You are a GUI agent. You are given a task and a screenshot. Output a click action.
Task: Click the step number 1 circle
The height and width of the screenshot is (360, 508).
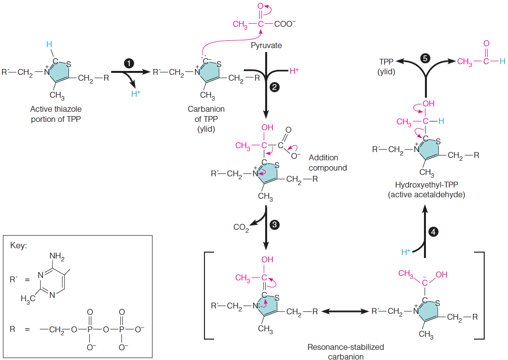coord(129,63)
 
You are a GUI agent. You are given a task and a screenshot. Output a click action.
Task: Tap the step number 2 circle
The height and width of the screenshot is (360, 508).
coord(275,87)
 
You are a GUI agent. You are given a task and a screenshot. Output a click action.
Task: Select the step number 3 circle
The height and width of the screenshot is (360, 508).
coord(274,224)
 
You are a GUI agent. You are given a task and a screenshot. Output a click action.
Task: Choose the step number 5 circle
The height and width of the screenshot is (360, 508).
coord(425,58)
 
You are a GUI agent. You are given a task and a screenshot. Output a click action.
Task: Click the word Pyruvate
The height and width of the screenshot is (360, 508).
coord(266,45)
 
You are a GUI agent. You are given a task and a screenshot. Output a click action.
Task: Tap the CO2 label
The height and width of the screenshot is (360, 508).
coord(241,227)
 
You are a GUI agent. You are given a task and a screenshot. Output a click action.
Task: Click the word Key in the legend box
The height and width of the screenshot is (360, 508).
coord(19,245)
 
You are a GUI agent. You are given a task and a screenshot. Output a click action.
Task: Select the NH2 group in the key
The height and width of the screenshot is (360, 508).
coord(57,257)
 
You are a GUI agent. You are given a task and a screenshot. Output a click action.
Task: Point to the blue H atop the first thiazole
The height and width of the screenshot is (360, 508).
coord(49,44)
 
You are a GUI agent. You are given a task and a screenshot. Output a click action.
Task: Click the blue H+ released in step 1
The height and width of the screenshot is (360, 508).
coord(137,94)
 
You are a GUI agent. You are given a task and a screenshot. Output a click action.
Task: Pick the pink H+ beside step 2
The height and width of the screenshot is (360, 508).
coord(294,71)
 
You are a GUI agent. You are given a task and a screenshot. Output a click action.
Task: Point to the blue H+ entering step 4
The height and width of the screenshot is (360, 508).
coord(406,252)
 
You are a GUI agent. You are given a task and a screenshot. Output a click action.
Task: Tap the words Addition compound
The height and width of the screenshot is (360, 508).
coord(328,163)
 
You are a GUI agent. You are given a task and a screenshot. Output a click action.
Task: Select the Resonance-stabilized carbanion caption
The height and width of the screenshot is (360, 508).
coord(345,352)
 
